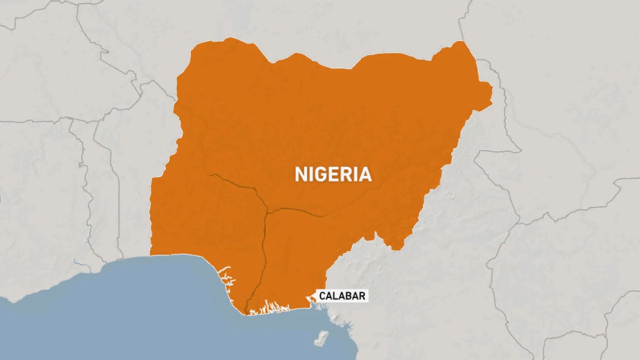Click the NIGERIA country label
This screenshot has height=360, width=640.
tap(333, 174)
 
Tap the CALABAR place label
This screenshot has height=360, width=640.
tap(342, 295)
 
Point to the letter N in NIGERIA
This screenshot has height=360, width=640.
tap(300, 174)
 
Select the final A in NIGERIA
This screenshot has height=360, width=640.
tap(365, 174)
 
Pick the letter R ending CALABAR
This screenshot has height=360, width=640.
tap(362, 295)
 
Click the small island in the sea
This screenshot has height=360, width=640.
tap(322, 338)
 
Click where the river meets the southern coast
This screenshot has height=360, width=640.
tap(247, 313)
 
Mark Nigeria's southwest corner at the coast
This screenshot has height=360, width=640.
tap(151, 255)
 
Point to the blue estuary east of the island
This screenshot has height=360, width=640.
tap(347, 325)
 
